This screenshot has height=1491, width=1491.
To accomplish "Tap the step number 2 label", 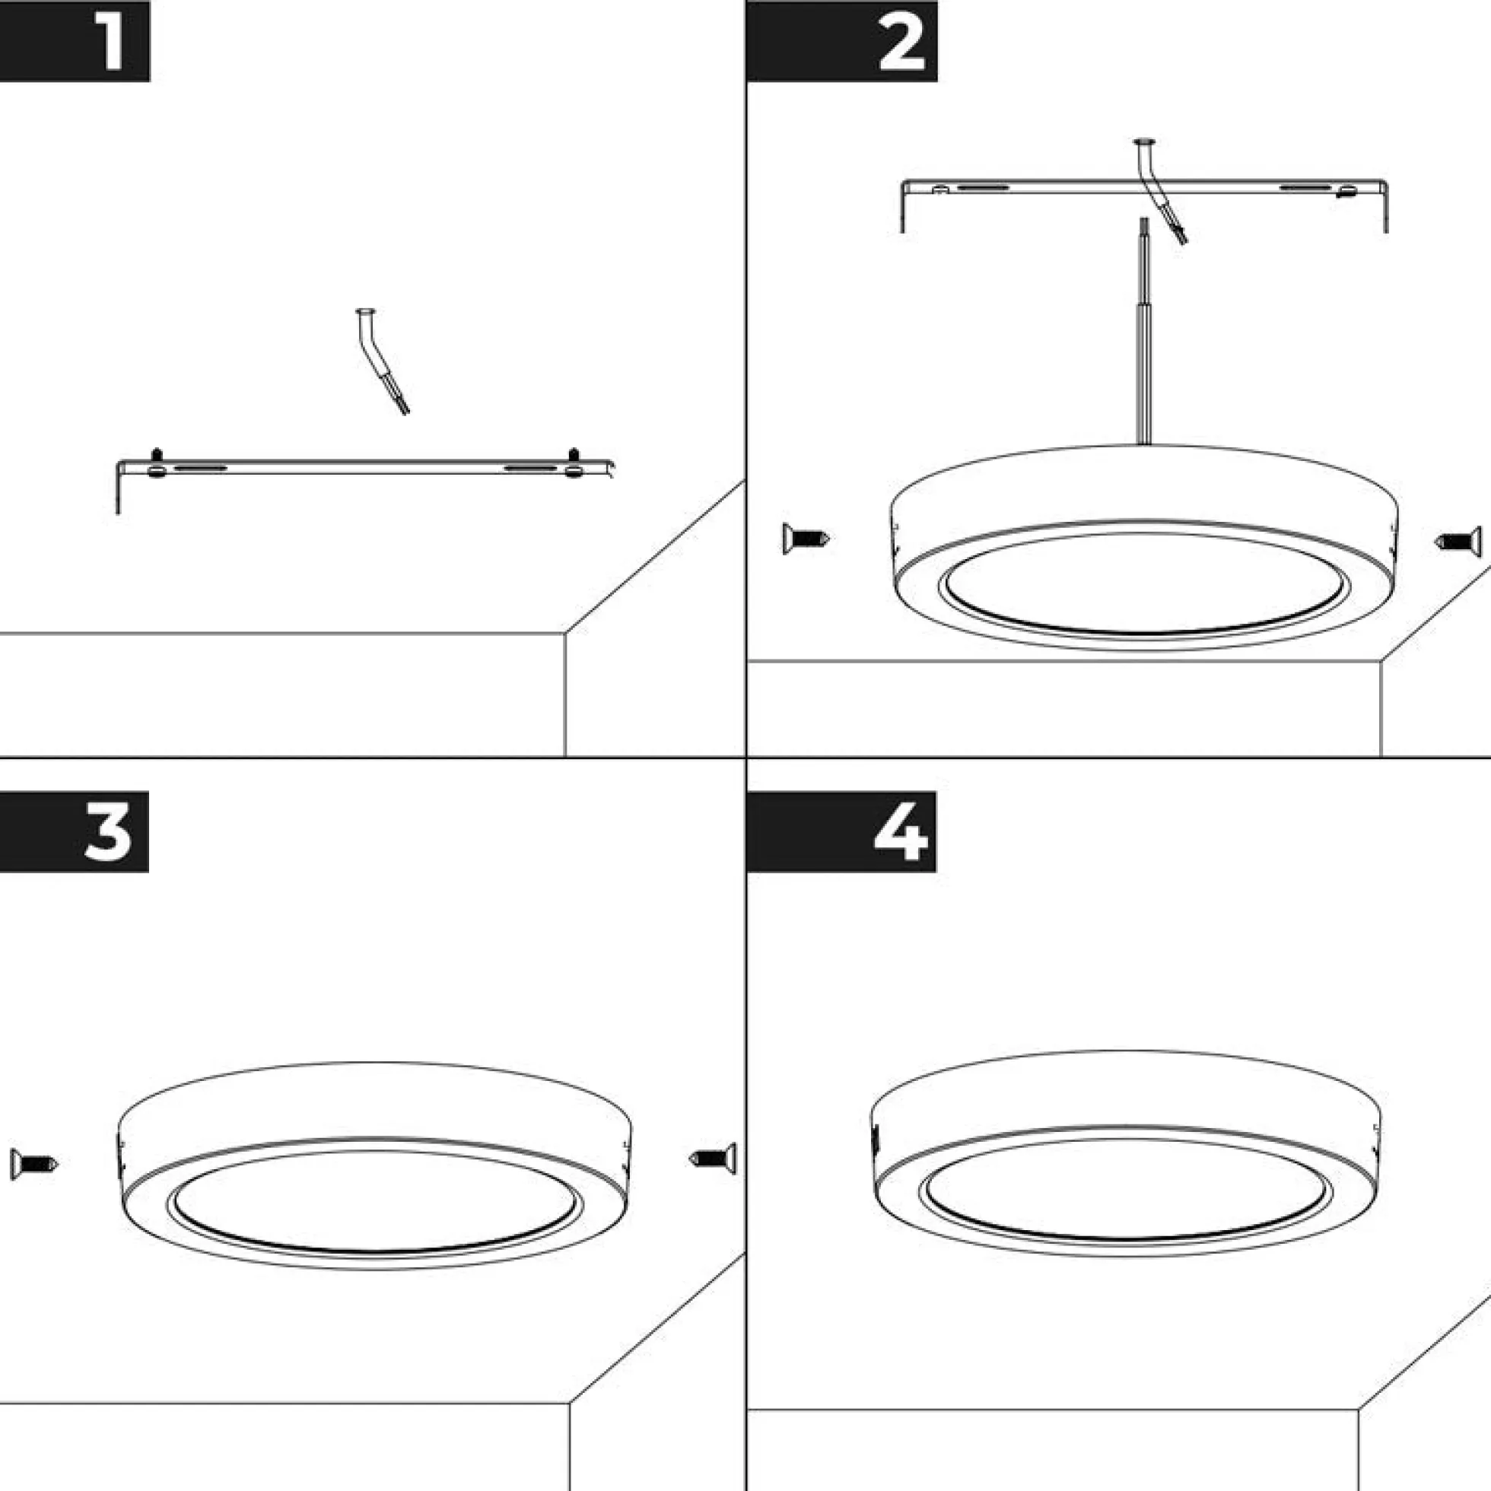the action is (x=901, y=45).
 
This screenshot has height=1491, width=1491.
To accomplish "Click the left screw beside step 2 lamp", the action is (x=806, y=538).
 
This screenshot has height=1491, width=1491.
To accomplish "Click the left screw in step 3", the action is (x=34, y=1164).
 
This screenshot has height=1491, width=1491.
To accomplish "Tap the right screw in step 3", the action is (x=712, y=1158).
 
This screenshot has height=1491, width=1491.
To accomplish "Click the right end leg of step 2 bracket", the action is (x=1386, y=207).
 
